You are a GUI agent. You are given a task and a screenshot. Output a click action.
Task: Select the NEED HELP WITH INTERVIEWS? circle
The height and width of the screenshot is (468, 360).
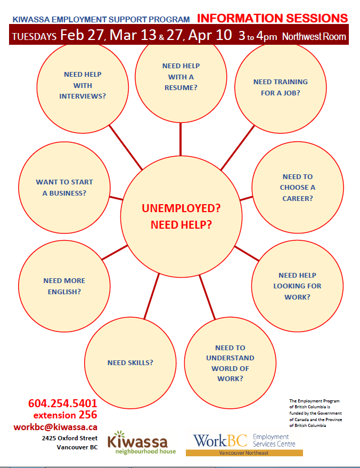[x=83, y=85]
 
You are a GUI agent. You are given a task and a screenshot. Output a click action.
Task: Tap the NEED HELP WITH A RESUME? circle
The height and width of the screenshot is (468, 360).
[x=181, y=76]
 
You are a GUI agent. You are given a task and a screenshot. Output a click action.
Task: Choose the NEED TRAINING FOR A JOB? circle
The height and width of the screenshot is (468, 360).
[x=281, y=87]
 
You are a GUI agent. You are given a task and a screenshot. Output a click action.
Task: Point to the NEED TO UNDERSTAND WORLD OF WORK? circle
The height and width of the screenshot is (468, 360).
[x=230, y=363]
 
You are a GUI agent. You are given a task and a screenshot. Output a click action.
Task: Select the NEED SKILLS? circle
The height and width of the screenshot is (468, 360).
[x=130, y=363]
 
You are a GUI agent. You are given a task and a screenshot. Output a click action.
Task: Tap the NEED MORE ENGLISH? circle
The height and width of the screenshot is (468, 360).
[x=64, y=286]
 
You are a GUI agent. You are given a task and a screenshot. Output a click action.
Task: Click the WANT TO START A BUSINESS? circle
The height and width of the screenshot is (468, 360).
[x=64, y=188]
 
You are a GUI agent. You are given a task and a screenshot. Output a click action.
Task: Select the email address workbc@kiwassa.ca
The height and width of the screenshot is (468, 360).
[x=55, y=427]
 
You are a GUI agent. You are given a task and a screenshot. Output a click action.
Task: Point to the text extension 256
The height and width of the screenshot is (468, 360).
[x=65, y=415]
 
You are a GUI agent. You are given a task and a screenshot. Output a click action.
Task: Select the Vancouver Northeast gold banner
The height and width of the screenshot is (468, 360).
[x=244, y=453]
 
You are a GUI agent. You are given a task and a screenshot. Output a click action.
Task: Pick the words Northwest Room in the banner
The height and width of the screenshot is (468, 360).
[x=314, y=37]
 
